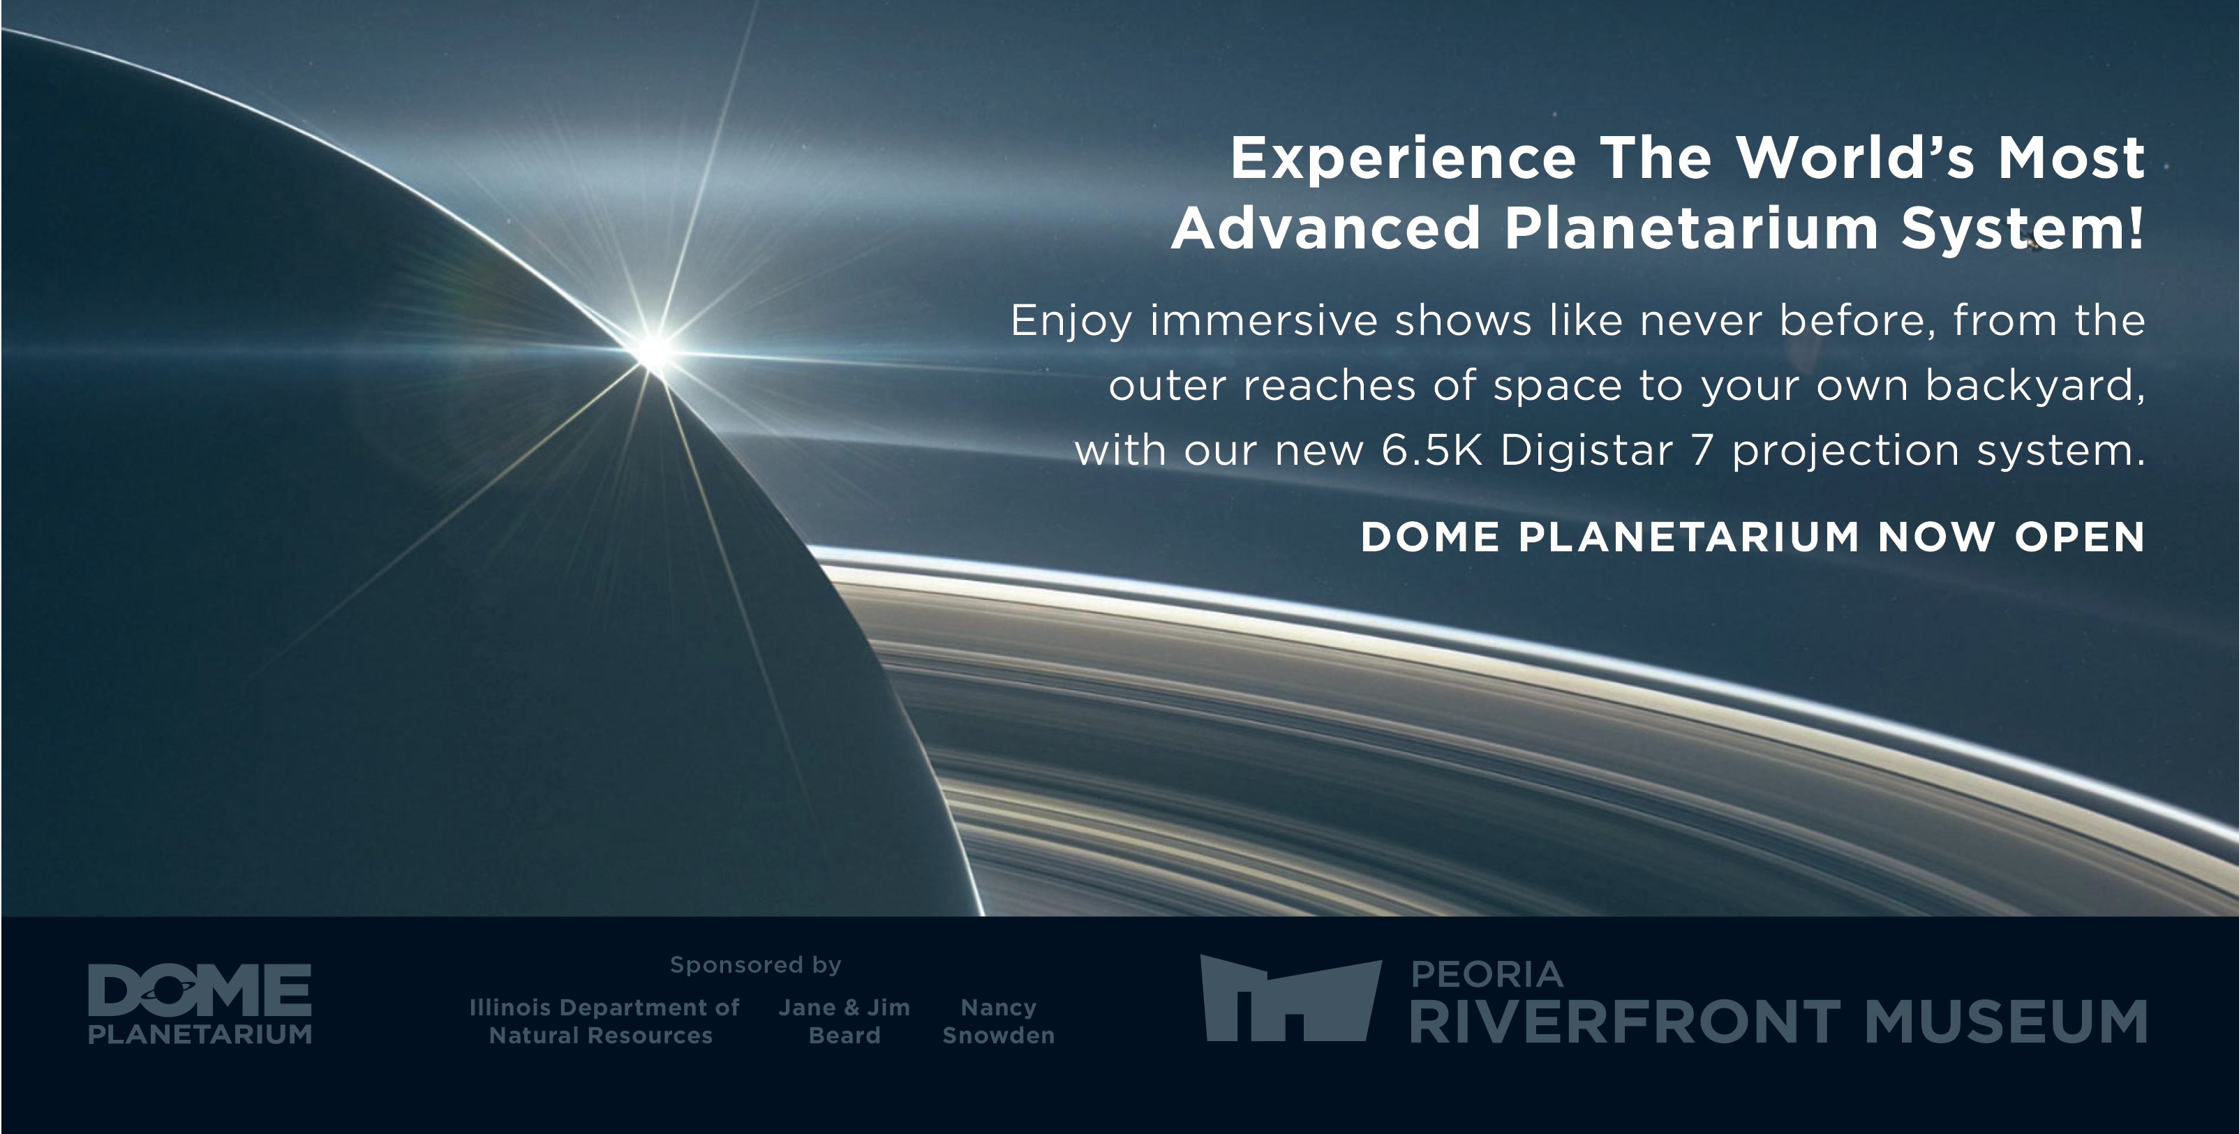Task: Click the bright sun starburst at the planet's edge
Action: point(653,351)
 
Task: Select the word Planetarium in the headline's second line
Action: point(1691,228)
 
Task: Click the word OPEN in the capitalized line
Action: point(2080,537)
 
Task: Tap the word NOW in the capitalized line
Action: point(1935,537)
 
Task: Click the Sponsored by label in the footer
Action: point(755,965)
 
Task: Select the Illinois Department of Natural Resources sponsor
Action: point(603,1022)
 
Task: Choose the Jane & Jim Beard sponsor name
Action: point(844,1022)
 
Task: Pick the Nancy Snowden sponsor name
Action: point(999,1022)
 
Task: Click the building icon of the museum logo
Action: point(1290,999)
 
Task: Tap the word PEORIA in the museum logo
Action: point(1487,975)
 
